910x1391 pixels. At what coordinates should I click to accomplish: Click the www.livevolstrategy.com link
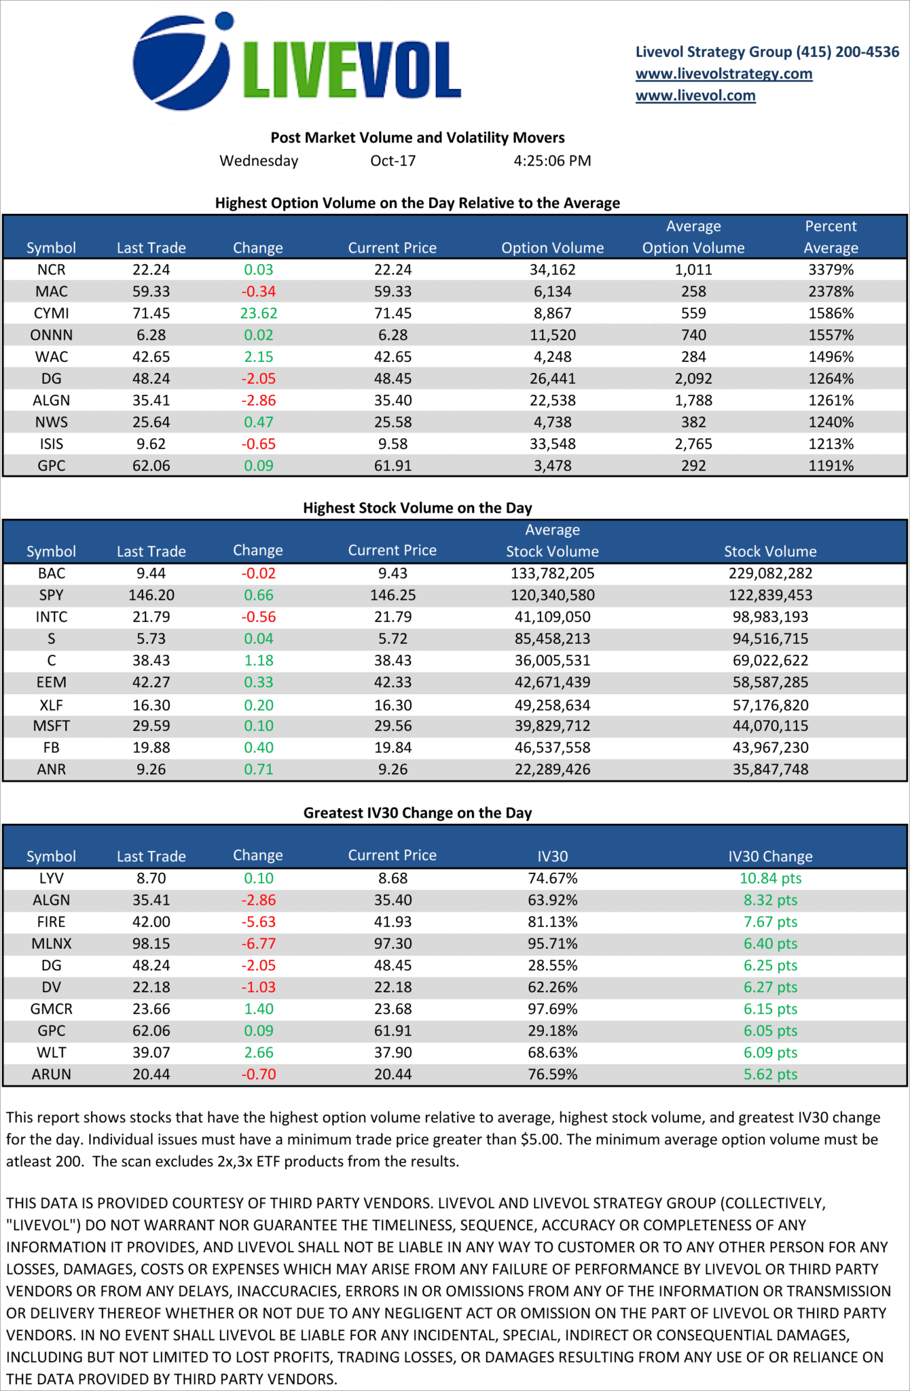coord(723,74)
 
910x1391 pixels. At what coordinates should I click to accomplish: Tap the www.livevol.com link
coord(695,96)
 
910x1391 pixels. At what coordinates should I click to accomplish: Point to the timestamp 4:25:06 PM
coord(552,161)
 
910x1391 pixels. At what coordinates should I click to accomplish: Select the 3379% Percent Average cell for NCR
coord(831,270)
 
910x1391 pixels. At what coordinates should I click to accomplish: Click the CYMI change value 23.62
coord(259,313)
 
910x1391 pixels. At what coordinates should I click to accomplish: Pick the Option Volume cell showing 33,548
coord(552,444)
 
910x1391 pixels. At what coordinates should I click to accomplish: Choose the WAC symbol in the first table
coord(52,357)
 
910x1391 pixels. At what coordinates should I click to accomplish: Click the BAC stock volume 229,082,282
coord(770,573)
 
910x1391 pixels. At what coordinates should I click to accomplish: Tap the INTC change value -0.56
coord(259,617)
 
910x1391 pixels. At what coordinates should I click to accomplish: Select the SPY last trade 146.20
coord(151,595)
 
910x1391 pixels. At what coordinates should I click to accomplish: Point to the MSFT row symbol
coord(52,726)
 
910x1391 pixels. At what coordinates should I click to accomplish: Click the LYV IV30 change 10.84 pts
coord(770,878)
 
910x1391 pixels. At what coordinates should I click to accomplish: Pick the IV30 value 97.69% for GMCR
coord(552,1009)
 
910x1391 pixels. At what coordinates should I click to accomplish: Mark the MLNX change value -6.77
coord(259,943)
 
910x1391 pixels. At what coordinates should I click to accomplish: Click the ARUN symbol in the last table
coord(52,1074)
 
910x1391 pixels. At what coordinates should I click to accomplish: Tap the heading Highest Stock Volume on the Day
coord(417,508)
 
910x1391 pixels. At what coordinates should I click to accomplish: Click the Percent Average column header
coord(831,237)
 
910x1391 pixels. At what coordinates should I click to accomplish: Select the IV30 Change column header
coord(770,856)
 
